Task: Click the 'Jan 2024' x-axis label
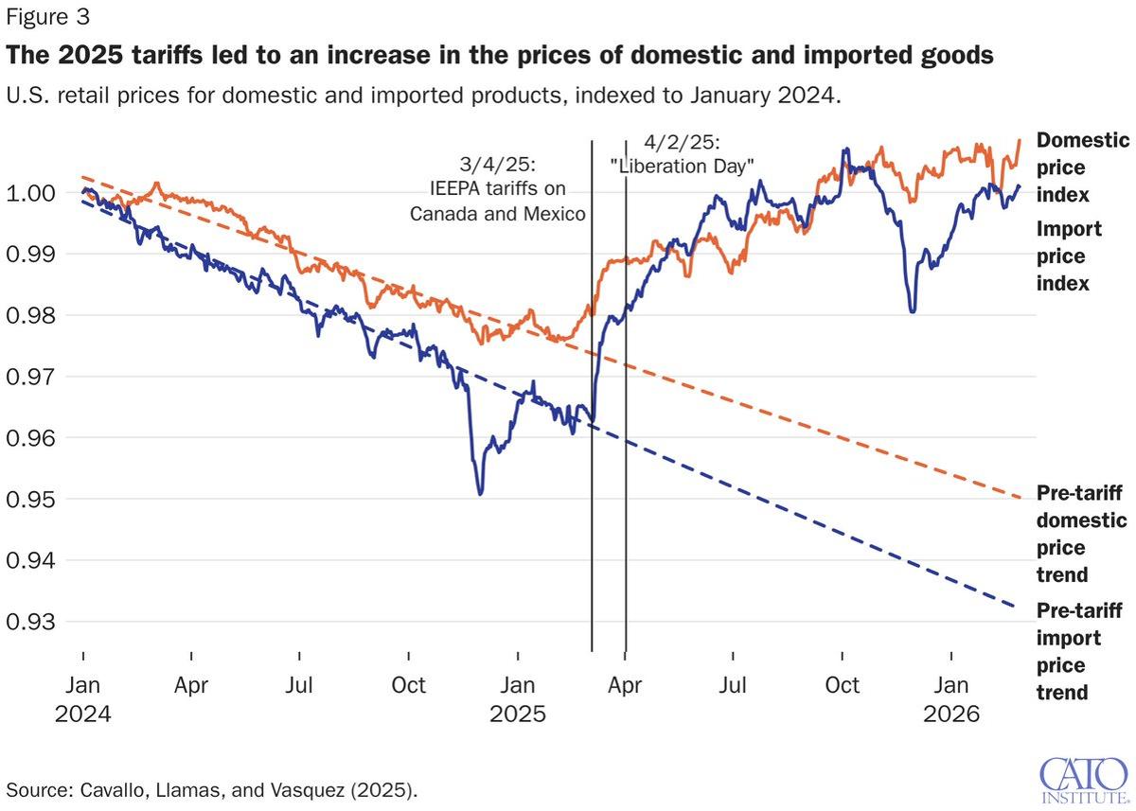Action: coord(83,698)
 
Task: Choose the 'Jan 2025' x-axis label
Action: coord(518,698)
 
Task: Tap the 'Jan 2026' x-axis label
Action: coord(951,698)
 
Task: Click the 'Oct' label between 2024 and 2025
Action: coord(409,685)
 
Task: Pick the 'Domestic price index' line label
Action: coord(1083,167)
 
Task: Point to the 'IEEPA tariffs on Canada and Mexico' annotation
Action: coord(498,188)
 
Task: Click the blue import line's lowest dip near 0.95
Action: coord(481,493)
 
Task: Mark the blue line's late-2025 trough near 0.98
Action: coord(912,311)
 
